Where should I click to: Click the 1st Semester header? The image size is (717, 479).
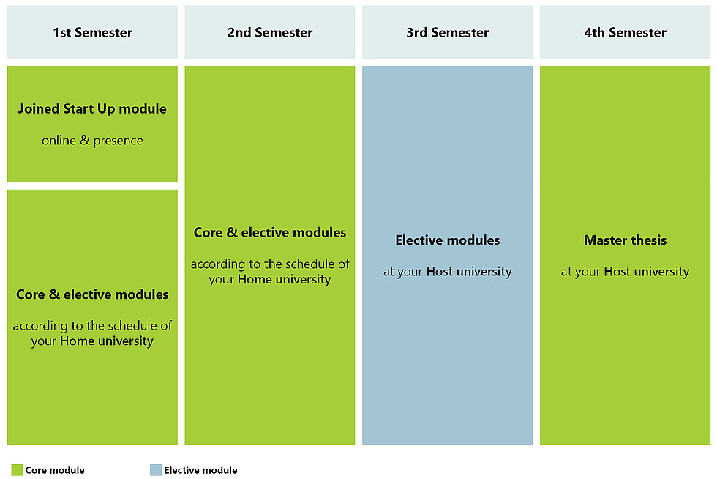tap(92, 32)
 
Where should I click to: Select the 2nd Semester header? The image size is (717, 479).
tap(270, 32)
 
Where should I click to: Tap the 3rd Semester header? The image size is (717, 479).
tap(447, 32)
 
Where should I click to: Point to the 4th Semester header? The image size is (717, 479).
tap(625, 32)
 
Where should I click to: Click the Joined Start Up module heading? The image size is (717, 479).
tap(92, 109)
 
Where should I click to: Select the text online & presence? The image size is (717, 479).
tap(92, 141)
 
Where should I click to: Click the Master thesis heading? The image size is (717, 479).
tap(625, 240)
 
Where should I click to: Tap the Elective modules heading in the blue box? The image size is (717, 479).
tap(447, 240)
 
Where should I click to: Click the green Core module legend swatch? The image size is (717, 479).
tap(17, 469)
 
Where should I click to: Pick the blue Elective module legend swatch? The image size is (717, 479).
tap(156, 469)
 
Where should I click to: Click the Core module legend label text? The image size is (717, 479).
tap(55, 470)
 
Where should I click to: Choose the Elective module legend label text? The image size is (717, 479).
tap(200, 470)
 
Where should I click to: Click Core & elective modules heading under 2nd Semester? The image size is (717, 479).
tap(270, 232)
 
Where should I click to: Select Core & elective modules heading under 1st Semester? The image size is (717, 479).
tap(92, 294)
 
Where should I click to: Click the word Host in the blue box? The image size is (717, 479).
tap(440, 272)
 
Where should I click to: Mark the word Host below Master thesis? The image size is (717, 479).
tap(617, 272)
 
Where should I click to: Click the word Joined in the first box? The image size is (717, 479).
tap(39, 109)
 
